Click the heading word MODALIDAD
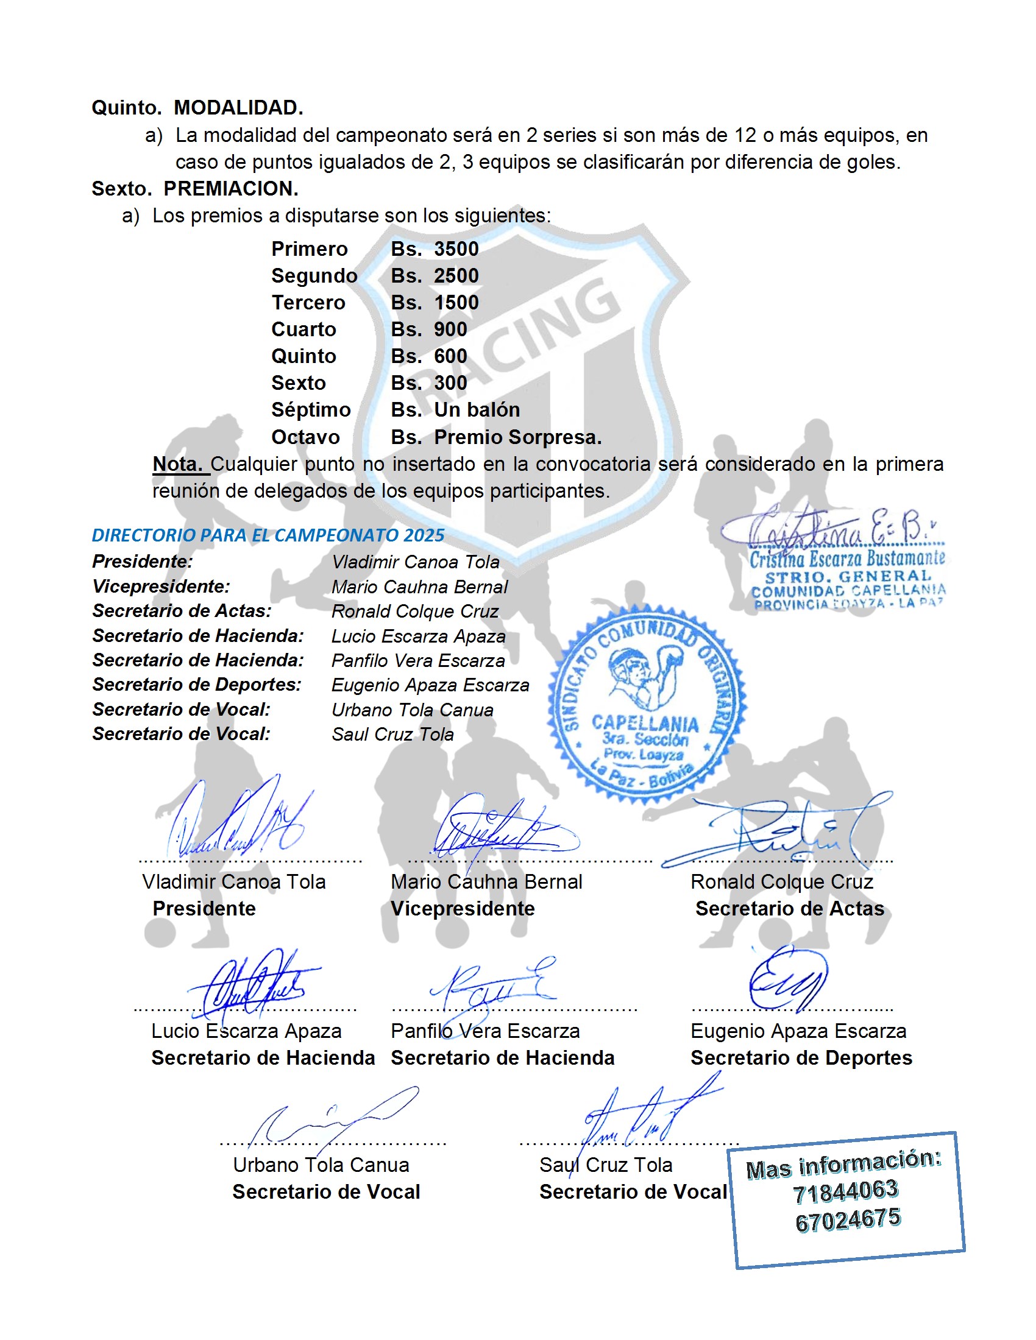coord(238,108)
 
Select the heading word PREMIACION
coord(231,189)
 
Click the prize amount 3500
coord(456,249)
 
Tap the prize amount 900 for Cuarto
coord(450,330)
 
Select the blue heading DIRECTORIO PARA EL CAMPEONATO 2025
coord(268,535)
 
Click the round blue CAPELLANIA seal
coord(647,702)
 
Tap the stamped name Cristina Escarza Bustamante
coord(847,559)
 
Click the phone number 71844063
coord(845,1191)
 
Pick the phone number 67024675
coord(848,1221)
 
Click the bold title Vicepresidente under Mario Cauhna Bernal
coord(463,909)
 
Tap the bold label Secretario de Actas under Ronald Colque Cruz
coord(789,909)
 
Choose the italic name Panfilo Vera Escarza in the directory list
coord(418,661)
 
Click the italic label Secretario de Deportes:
coord(197,685)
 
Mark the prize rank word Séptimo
coord(311,410)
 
